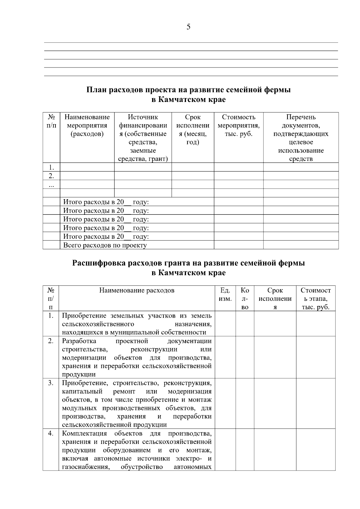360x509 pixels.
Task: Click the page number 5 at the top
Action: point(188,27)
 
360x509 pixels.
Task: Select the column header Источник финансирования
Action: point(143,138)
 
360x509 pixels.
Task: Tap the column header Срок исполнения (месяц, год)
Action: point(193,129)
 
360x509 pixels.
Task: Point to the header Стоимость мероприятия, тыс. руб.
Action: point(238,125)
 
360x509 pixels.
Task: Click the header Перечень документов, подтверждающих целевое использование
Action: point(301,138)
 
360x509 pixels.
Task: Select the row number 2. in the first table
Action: point(51,176)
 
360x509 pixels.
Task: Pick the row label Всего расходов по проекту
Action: point(105,245)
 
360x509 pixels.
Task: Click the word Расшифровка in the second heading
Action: point(100,263)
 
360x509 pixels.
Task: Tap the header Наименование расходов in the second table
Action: point(137,290)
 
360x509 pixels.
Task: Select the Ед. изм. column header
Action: point(225,295)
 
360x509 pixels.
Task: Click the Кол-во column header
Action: point(245,298)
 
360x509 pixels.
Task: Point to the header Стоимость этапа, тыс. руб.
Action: point(316,298)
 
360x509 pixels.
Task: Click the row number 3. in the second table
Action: point(51,383)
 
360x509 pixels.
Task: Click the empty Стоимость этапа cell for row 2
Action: point(316,357)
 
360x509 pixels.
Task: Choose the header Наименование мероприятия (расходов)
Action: point(87,125)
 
